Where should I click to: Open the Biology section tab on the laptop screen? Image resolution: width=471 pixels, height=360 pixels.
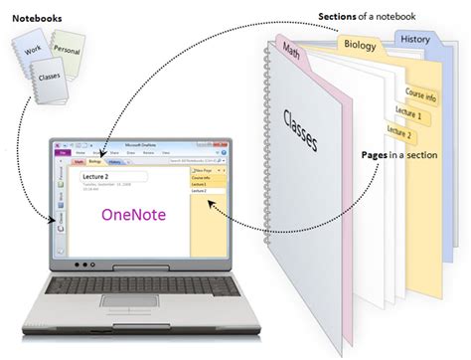[94, 161]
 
